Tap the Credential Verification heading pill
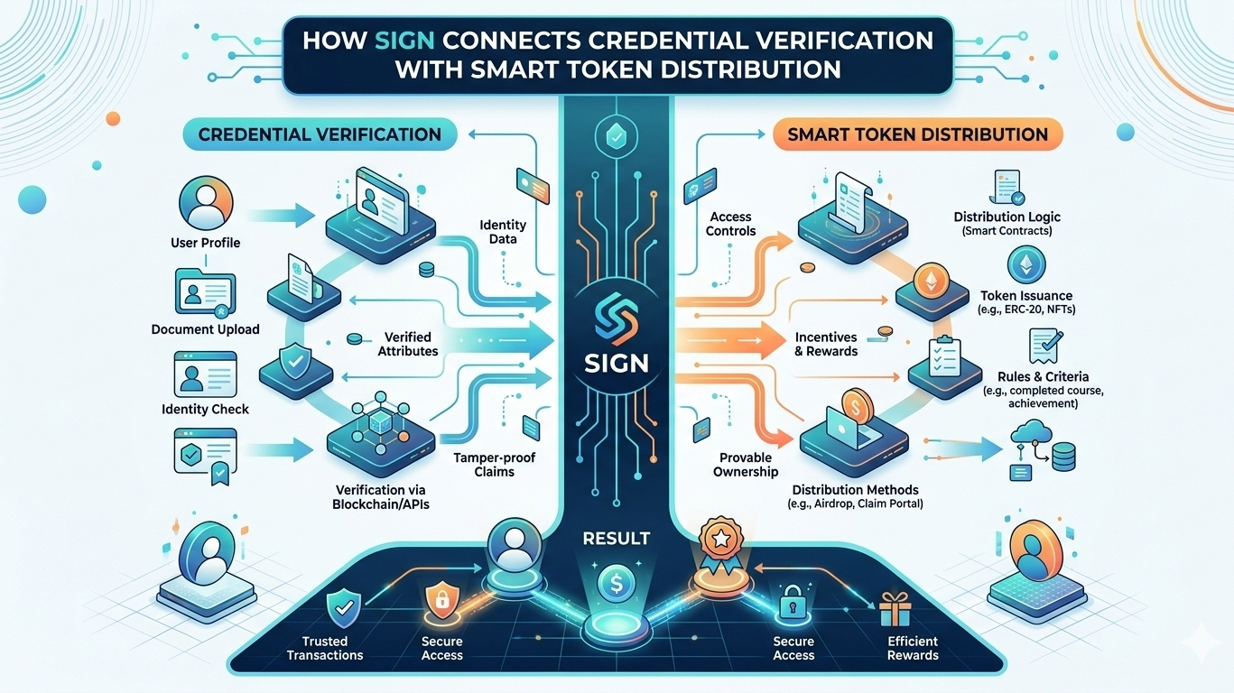(320, 135)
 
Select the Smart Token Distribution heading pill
(917, 135)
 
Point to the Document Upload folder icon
(205, 291)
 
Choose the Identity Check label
(205, 409)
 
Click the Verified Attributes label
(408, 344)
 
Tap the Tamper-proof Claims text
(494, 465)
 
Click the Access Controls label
(731, 224)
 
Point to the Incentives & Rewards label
(826, 344)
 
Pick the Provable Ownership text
(746, 465)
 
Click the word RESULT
(617, 539)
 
